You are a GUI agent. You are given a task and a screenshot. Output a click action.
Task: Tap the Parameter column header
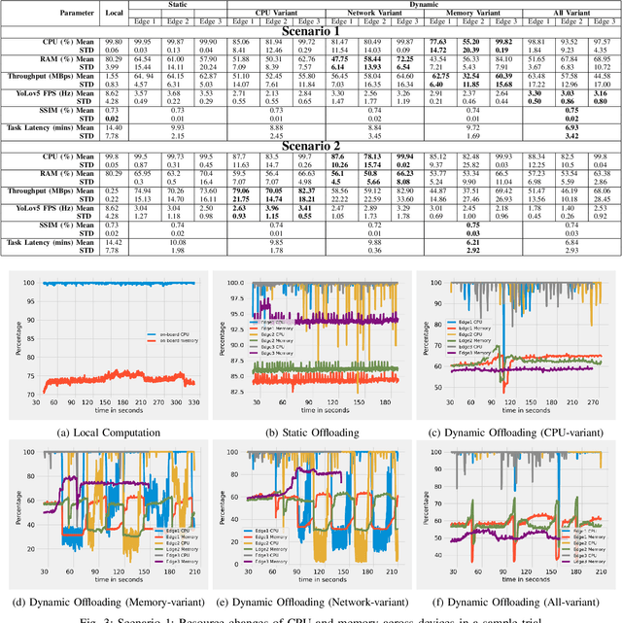click(x=50, y=14)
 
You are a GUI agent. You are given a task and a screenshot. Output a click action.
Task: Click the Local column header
click(x=114, y=14)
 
